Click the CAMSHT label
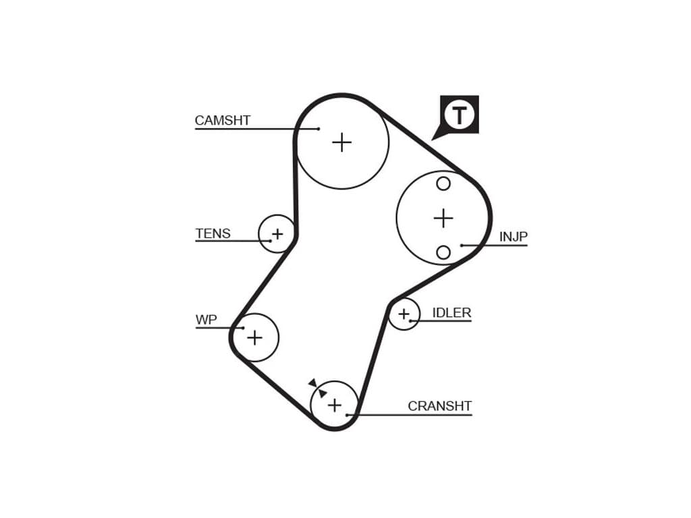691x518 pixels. pos(222,121)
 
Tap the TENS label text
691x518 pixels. pos(213,234)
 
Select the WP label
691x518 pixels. pos(206,320)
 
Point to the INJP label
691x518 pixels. pos(513,237)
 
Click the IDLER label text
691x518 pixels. pos(451,313)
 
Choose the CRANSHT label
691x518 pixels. pos(439,406)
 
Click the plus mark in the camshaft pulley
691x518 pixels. pos(342,142)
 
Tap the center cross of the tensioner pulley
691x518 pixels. pos(277,235)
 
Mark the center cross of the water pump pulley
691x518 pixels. pos(254,337)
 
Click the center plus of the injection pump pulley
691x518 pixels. pos(443,218)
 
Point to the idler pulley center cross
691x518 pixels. pos(404,314)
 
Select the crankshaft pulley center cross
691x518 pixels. pos(334,405)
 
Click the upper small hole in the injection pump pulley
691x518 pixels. pos(443,183)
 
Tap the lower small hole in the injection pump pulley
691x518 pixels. pos(443,252)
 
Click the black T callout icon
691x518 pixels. pos(459,115)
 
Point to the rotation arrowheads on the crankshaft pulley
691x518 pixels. pos(318,388)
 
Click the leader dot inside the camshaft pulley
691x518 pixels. pos(318,128)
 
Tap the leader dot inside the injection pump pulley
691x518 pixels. pos(462,245)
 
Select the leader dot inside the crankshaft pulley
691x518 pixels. pos(347,414)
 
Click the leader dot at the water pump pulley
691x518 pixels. pos(242,328)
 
